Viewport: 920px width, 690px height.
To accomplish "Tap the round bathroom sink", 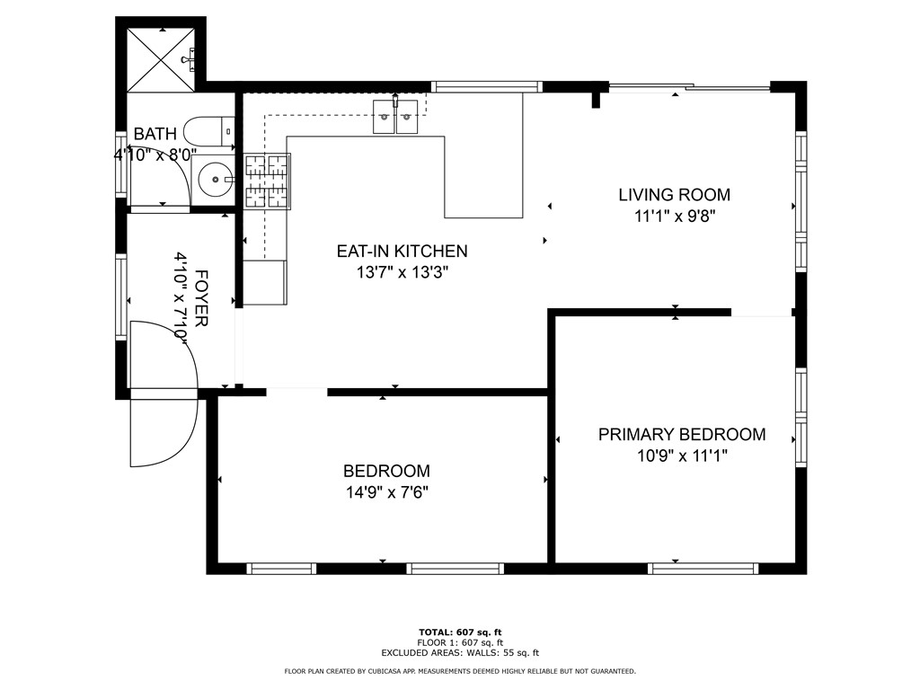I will [216, 179].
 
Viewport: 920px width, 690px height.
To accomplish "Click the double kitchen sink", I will [395, 118].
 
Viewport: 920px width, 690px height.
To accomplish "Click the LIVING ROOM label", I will [674, 194].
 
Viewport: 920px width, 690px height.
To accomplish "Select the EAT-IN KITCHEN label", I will [402, 252].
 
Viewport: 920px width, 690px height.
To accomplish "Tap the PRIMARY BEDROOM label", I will [682, 435].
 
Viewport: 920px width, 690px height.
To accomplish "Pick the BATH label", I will [155, 134].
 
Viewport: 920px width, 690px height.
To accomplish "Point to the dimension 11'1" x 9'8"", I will [674, 216].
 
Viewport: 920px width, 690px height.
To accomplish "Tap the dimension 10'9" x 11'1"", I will [682, 456].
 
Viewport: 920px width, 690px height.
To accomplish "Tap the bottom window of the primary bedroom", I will [703, 568].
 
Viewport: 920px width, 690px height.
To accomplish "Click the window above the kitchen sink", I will [486, 87].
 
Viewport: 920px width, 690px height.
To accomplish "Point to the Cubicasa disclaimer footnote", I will [460, 671].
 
